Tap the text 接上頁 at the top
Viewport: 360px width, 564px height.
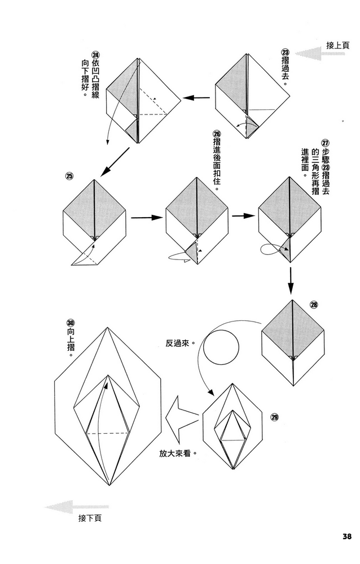coord(337,45)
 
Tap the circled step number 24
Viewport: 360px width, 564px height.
coord(95,55)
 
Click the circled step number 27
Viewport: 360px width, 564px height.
coord(324,143)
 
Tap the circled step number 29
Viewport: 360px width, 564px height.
coord(275,417)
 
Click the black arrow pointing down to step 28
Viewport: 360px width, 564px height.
coord(290,280)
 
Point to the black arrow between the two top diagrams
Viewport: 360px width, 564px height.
coord(198,98)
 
